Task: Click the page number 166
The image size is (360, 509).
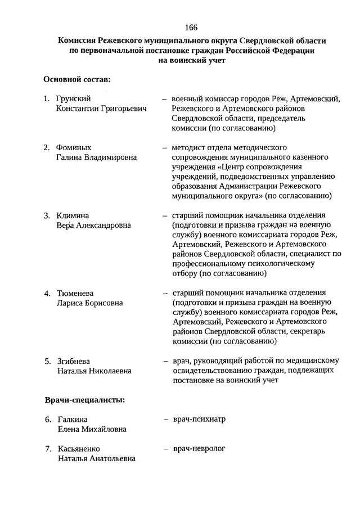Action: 190,28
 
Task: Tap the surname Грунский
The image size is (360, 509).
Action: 74,98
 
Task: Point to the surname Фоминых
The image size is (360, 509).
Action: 74,147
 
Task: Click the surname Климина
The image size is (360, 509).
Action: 73,215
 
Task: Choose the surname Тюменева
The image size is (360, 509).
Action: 75,293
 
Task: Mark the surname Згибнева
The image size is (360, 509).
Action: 74,361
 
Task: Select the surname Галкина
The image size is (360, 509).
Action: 73,419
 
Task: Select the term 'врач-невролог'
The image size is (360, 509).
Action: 199,448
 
